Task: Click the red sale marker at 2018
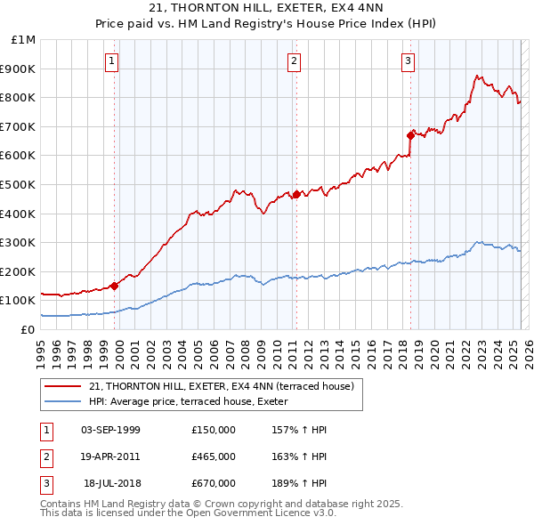click(x=411, y=135)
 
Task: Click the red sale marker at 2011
click(x=296, y=193)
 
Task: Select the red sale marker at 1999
click(x=115, y=286)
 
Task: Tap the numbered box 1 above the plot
click(x=111, y=61)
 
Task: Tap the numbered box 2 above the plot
click(x=294, y=61)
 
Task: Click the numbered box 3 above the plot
click(x=408, y=61)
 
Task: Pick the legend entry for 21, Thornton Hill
click(x=222, y=386)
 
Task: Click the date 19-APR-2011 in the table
click(x=110, y=456)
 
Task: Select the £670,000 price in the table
click(x=214, y=483)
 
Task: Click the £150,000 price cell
click(x=214, y=430)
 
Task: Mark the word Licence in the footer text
click(x=284, y=513)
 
